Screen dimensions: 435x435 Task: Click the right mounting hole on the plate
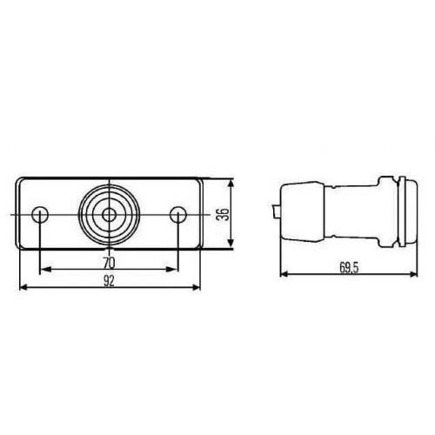178,214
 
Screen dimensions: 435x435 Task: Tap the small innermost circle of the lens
109,214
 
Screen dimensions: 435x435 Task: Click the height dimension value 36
222,214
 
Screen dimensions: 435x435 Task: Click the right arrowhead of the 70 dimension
175,268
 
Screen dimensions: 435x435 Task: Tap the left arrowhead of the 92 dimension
21,286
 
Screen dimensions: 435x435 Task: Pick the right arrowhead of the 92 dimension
199,286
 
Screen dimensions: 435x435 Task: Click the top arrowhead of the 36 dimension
231,184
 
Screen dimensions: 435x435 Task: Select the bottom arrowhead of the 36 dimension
231,246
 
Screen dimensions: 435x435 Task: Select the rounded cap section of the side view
300,213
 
